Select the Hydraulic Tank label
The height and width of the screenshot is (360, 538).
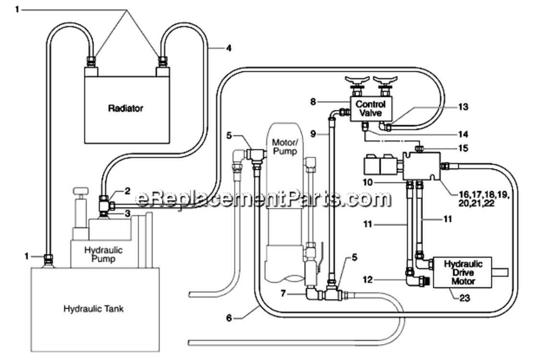(93, 309)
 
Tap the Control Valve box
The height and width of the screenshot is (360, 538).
(370, 108)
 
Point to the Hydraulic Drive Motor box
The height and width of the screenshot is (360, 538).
(463, 273)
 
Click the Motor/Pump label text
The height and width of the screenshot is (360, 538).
(285, 146)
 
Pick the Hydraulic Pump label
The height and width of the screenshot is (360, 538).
(103, 254)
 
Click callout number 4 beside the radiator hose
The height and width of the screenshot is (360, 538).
(229, 48)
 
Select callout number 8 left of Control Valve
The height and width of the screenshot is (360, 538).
(313, 102)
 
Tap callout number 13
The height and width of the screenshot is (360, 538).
(463, 107)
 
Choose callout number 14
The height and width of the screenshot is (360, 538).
(463, 134)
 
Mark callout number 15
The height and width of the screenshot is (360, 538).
(463, 148)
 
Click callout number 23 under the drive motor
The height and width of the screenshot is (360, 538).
(465, 298)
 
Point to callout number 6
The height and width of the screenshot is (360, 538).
(229, 318)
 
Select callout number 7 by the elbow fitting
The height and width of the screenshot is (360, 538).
(283, 293)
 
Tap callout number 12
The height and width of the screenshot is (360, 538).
(367, 280)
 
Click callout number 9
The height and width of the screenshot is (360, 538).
(313, 134)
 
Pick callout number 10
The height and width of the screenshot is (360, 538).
(367, 182)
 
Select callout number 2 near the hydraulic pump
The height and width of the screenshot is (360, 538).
(127, 191)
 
